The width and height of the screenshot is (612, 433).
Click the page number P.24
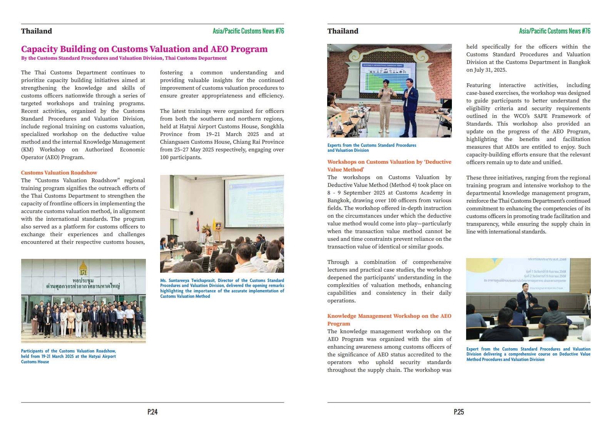tap(152, 412)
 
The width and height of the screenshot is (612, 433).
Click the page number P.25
tap(459, 412)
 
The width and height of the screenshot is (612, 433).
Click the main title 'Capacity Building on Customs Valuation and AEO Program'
tap(144, 49)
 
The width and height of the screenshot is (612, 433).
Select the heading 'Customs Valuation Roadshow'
tap(59, 173)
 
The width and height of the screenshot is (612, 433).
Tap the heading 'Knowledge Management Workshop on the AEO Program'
tap(389, 320)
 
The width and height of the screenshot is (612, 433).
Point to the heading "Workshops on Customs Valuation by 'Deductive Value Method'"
tap(389, 166)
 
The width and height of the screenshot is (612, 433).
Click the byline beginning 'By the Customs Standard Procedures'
tap(124, 58)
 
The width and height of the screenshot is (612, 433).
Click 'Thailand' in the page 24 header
tap(37, 31)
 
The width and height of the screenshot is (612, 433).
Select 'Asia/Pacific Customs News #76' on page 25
tap(554, 31)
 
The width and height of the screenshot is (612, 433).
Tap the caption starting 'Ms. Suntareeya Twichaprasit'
tap(222, 288)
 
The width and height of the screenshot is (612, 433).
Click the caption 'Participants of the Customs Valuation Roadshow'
tap(69, 356)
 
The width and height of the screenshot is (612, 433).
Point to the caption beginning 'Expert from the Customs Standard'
tap(528, 354)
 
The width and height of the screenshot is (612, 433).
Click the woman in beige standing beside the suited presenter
tap(386, 106)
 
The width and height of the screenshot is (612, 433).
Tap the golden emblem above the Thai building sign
tap(83, 268)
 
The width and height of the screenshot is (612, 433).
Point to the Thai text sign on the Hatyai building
tap(83, 284)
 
